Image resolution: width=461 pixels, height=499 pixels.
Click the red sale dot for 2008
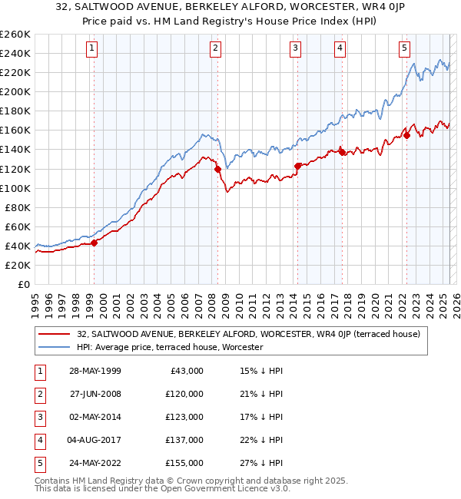click(x=217, y=169)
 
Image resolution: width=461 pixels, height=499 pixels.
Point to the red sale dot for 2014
click(x=297, y=166)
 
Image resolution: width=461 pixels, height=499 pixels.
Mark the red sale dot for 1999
click(x=95, y=243)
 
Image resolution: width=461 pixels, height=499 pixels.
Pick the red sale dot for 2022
click(x=406, y=135)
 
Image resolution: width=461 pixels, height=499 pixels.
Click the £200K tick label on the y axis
click(x=15, y=91)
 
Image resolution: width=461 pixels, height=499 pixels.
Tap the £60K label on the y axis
click(x=17, y=226)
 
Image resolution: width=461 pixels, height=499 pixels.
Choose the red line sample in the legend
click(x=55, y=335)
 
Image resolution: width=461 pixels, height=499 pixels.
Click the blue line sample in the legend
click(x=55, y=347)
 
